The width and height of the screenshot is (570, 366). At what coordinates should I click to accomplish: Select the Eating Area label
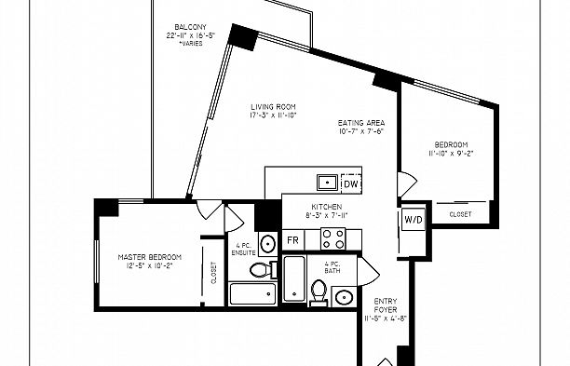point(361,123)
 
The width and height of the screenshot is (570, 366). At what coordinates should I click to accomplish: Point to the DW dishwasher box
point(349,182)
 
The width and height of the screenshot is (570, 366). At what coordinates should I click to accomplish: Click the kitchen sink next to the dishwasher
point(327,182)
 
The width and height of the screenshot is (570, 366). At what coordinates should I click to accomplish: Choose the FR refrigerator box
point(292,239)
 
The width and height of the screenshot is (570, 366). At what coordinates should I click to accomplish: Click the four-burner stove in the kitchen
point(332,238)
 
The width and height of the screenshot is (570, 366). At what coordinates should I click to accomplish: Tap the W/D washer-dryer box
point(413,220)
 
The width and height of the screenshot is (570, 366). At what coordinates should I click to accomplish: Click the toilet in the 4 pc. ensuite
point(260,271)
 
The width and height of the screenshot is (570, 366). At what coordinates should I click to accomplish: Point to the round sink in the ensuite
point(267,244)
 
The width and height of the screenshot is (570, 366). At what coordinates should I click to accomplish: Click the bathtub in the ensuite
point(251,295)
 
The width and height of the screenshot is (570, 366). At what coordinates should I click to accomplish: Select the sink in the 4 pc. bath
point(343,297)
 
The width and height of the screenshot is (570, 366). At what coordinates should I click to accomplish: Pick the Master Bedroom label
point(149,256)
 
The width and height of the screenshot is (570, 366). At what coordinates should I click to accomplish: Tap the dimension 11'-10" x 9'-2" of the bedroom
point(453,153)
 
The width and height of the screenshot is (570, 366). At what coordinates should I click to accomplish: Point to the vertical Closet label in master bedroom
point(213,271)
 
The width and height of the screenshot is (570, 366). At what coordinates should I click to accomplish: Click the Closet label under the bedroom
point(460,214)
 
